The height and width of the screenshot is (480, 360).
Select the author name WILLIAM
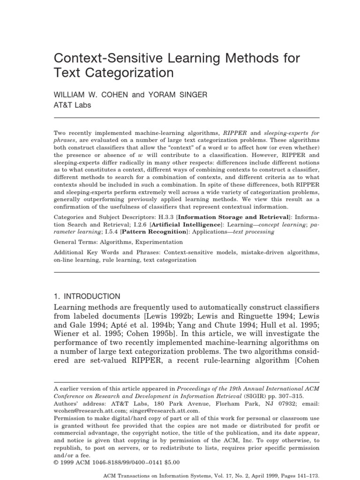(73, 95)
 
